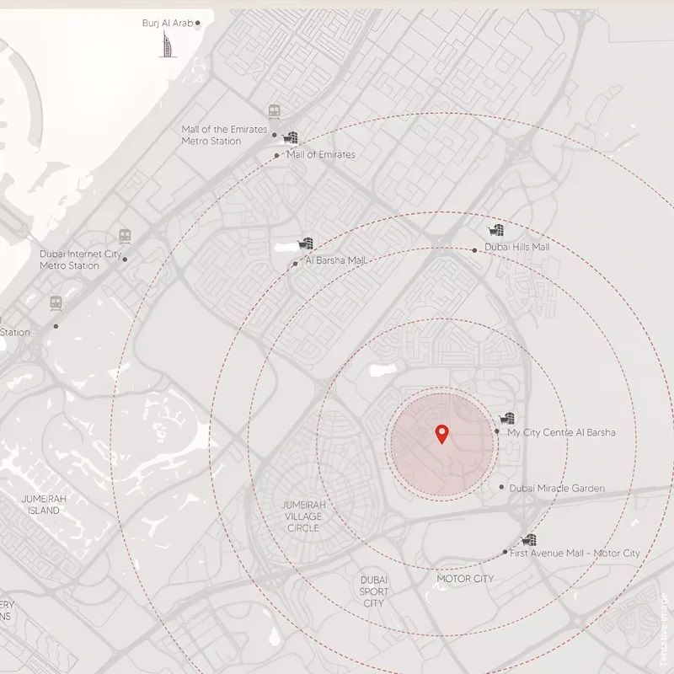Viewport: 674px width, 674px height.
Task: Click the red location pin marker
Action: click(x=441, y=434)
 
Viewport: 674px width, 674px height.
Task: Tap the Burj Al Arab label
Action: click(x=168, y=23)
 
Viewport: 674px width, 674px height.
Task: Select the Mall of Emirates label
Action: click(x=320, y=155)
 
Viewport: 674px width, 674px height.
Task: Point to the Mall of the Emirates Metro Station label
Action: click(x=224, y=135)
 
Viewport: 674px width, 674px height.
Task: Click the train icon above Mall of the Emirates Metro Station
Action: click(x=275, y=110)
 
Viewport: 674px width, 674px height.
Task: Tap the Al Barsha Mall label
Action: click(x=337, y=260)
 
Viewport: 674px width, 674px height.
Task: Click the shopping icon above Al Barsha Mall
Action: click(x=307, y=243)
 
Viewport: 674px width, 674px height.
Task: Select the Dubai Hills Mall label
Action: click(x=516, y=248)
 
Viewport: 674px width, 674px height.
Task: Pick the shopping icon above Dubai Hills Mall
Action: click(x=497, y=230)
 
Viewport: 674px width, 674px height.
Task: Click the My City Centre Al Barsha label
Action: click(x=561, y=432)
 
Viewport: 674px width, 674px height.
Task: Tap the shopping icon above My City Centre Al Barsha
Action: click(x=507, y=418)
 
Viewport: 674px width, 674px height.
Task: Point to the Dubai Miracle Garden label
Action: click(x=557, y=488)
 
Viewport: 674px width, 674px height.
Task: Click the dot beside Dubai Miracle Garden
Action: click(x=502, y=487)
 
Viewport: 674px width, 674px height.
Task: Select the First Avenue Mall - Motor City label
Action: click(x=575, y=553)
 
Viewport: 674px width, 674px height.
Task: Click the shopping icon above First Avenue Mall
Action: click(x=528, y=539)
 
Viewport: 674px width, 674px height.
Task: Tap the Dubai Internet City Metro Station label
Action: click(x=81, y=259)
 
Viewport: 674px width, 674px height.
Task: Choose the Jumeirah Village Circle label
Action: click(x=303, y=516)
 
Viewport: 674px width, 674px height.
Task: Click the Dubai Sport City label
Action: click(x=374, y=591)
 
